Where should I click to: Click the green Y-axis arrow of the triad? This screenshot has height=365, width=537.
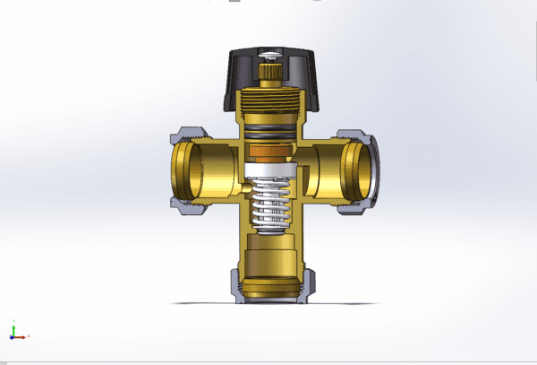point(13,325)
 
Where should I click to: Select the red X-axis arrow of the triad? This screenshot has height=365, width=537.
point(23,336)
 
